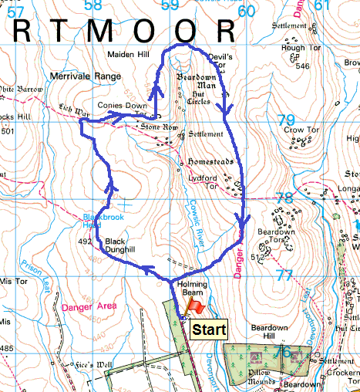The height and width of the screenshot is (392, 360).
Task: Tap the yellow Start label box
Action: [209, 330]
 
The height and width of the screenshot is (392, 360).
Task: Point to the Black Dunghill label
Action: [119, 245]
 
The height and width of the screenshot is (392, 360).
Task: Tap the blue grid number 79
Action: [286, 120]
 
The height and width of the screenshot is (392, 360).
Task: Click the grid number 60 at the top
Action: [246, 11]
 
